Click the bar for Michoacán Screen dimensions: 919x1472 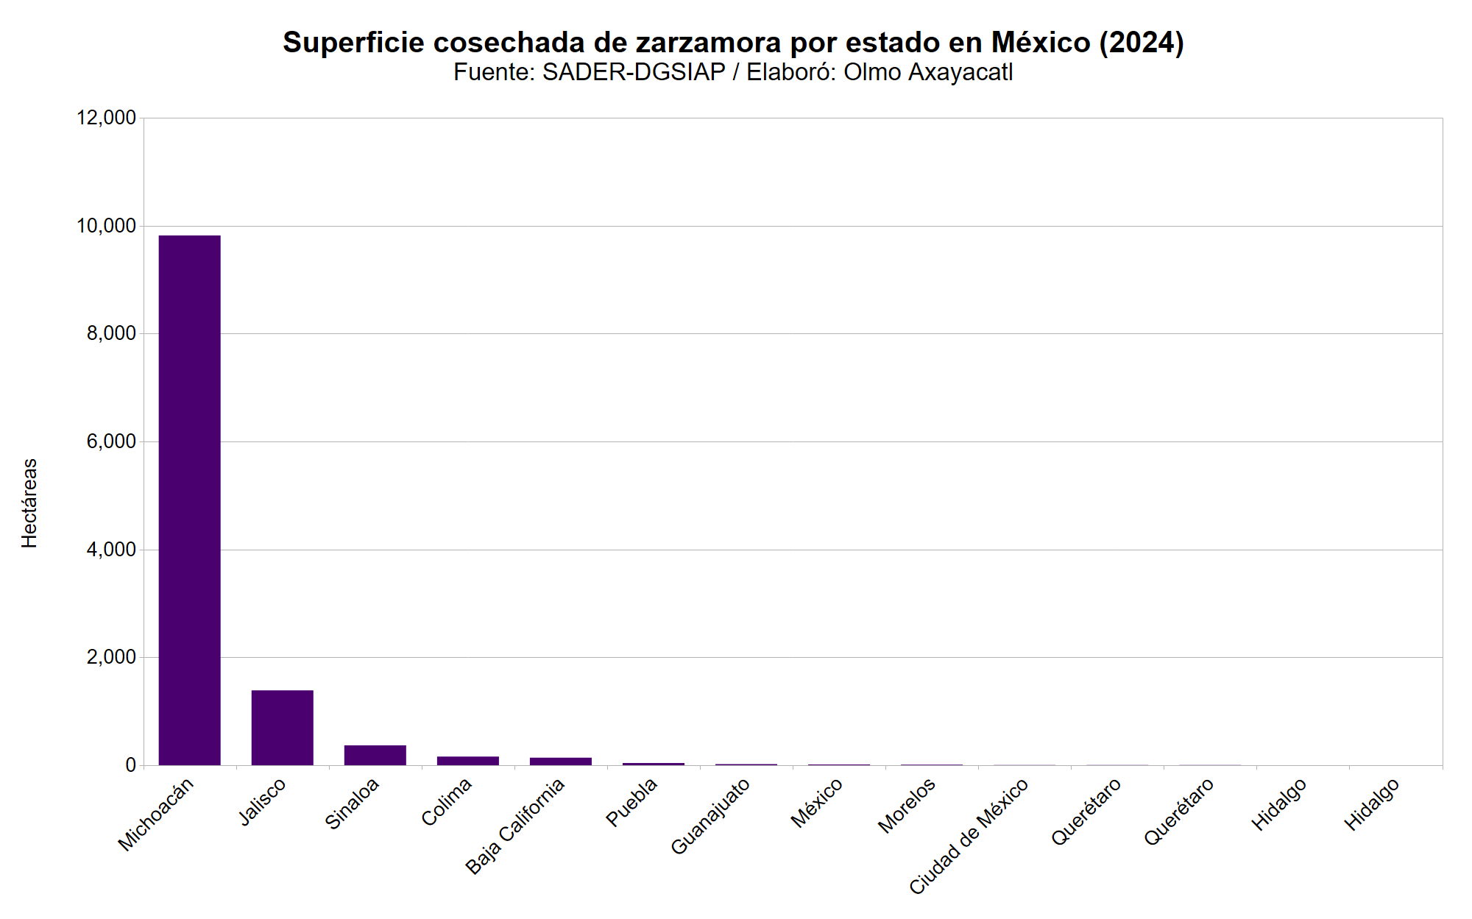tap(189, 500)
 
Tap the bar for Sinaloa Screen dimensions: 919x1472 tap(375, 755)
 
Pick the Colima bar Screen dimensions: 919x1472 tap(467, 761)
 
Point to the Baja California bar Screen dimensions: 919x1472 tap(560, 762)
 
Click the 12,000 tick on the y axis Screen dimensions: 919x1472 tap(107, 118)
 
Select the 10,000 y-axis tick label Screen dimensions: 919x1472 tap(107, 226)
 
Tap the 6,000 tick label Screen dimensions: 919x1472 tap(111, 441)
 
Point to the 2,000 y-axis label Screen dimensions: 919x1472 tap(111, 657)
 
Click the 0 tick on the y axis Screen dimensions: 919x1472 tap(130, 765)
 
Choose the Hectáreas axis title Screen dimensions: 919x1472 tap(29, 503)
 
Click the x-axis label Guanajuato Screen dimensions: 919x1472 tap(710, 816)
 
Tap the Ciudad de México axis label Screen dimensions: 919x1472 tap(969, 837)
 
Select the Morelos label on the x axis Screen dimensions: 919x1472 tap(907, 805)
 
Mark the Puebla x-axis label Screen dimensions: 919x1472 tap(631, 802)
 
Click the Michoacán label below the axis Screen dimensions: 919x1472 tap(156, 814)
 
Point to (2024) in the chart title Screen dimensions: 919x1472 tap(1142, 43)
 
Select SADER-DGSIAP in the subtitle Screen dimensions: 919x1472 tap(634, 72)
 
